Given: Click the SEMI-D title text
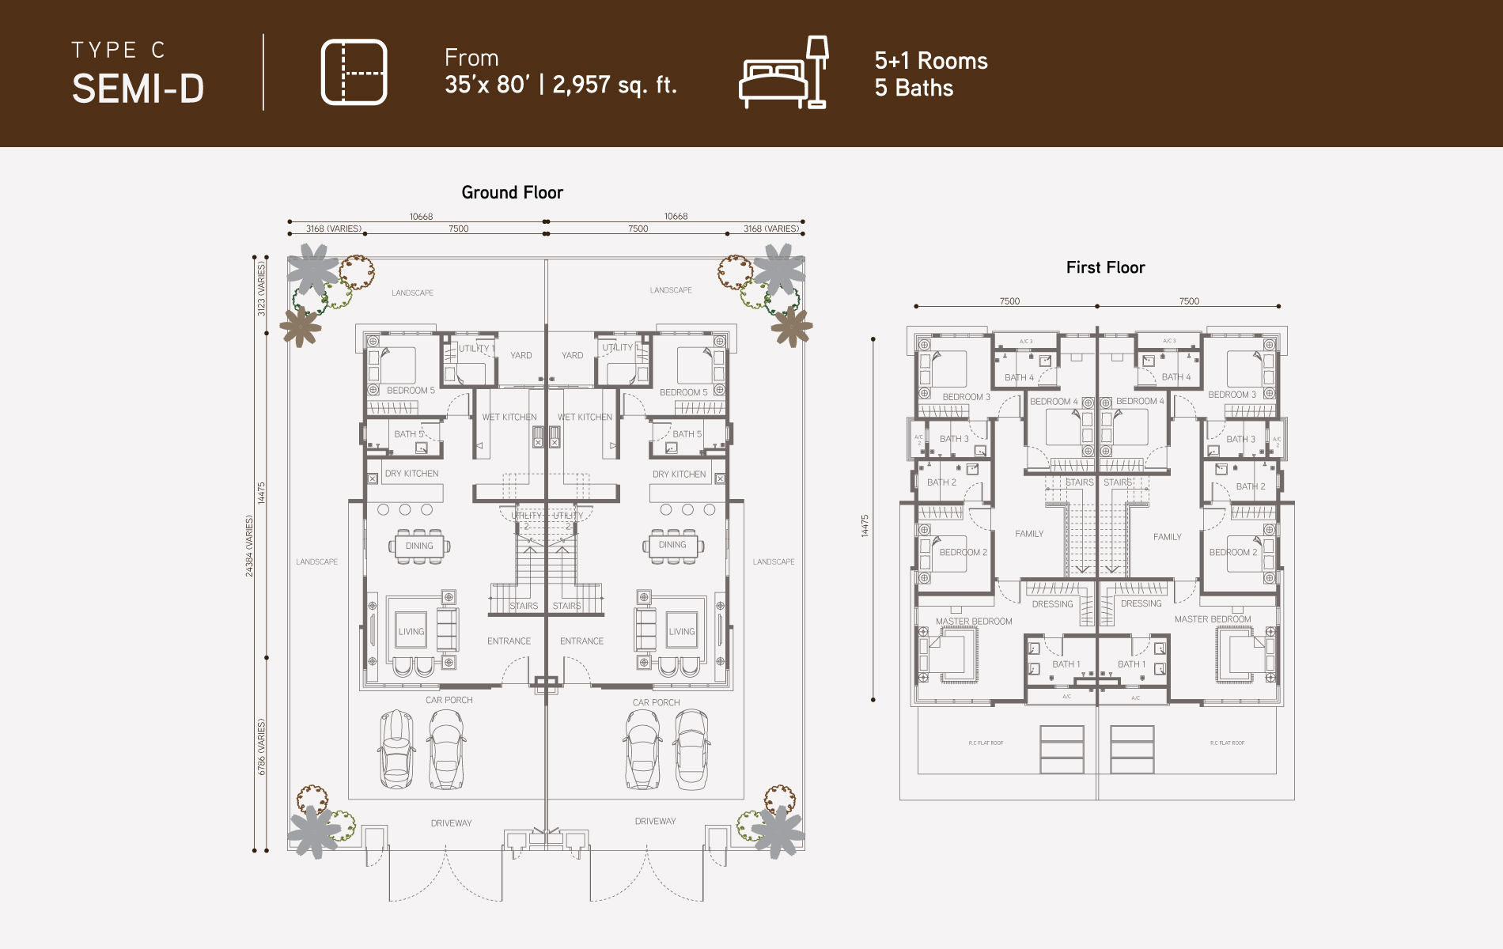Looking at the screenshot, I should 138,89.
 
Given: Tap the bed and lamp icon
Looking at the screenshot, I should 784,73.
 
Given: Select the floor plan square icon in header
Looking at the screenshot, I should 354,72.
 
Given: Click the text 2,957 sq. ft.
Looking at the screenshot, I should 615,85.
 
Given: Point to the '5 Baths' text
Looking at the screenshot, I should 914,88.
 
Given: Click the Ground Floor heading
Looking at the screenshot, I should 512,192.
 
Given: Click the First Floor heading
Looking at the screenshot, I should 1105,267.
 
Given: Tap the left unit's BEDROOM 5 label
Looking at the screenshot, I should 411,391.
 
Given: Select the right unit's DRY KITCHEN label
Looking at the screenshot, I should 679,475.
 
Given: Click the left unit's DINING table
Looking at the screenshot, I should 419,546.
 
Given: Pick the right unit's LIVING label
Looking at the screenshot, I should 682,631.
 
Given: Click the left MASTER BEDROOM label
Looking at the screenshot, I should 974,622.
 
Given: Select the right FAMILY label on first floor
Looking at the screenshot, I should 1167,537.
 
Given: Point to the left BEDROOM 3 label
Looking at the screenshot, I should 966,397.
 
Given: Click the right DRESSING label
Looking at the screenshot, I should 1141,603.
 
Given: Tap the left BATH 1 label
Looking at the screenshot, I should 1066,664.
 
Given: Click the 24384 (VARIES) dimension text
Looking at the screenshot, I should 250,546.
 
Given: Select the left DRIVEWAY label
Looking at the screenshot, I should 451,823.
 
